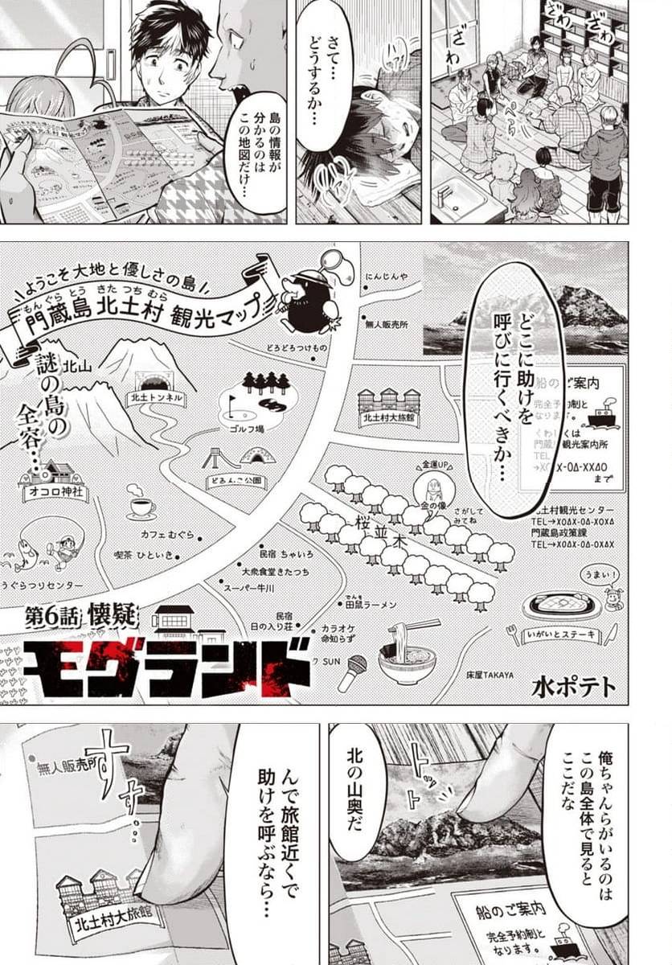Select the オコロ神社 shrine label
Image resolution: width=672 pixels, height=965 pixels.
click(55, 492)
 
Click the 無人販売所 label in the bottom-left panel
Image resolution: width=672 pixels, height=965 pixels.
click(72, 769)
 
